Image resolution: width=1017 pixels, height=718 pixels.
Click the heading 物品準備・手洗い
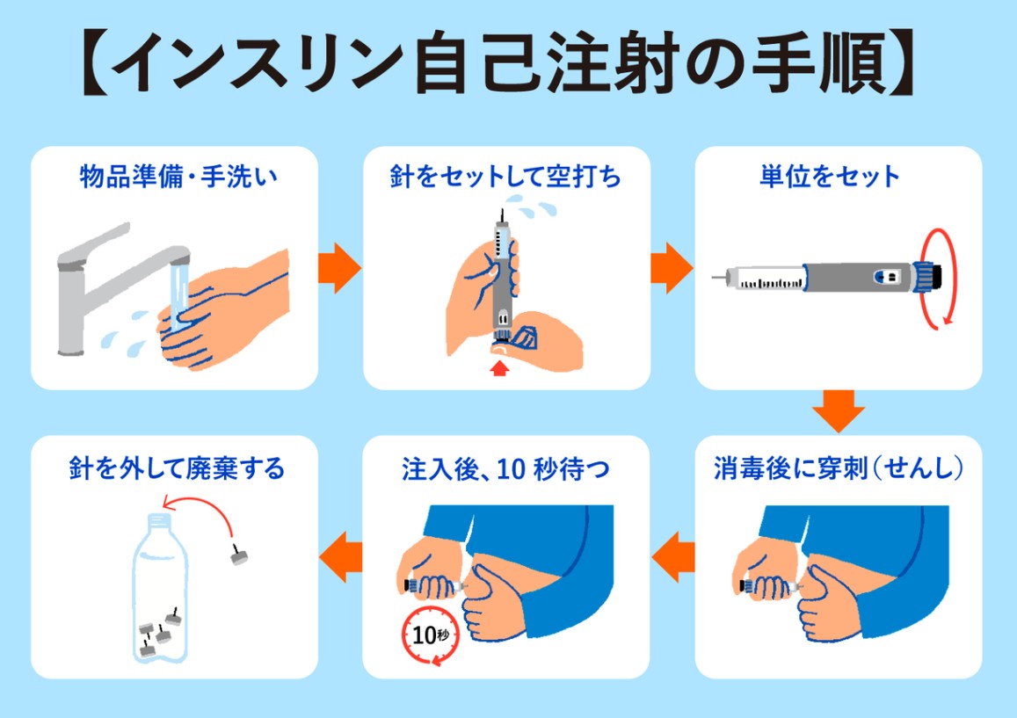click(178, 177)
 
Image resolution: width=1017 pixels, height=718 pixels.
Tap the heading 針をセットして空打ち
click(506, 177)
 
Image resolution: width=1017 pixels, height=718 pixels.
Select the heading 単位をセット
click(830, 177)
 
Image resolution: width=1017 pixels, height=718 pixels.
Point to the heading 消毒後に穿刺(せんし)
click(838, 468)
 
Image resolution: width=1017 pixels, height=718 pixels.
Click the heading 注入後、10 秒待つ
click(506, 468)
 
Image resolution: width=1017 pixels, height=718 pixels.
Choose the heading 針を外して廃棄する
click(177, 468)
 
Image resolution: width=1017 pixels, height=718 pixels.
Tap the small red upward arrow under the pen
click(499, 368)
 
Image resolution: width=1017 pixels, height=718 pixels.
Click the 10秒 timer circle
click(432, 635)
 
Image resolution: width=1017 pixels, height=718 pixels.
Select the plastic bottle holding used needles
click(160, 588)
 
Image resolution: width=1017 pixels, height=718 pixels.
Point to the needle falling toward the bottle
click(239, 555)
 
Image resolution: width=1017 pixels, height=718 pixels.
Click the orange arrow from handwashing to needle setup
click(339, 268)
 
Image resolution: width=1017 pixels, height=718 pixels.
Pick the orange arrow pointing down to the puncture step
click(838, 410)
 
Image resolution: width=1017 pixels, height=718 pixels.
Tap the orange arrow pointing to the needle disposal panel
click(340, 557)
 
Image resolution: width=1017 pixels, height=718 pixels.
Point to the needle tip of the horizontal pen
click(713, 278)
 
